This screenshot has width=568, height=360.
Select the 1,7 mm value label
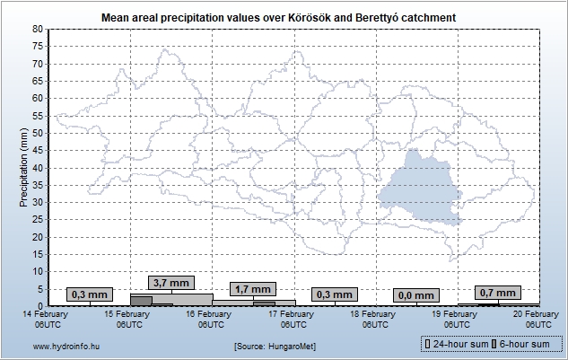[x=251, y=289]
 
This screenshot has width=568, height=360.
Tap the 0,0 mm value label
[x=415, y=295]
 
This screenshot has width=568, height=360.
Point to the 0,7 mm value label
[x=498, y=293]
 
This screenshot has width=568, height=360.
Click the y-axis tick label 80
[x=38, y=29]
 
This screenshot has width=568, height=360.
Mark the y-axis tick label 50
[x=38, y=133]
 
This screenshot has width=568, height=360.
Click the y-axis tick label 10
[x=38, y=271]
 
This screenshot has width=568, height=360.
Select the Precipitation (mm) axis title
[x=24, y=167]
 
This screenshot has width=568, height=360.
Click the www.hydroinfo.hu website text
[x=53, y=346]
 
